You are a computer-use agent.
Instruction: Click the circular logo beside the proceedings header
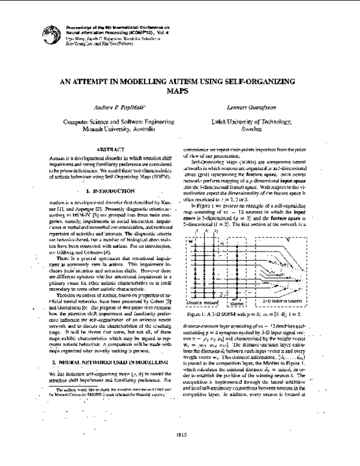click(47, 33)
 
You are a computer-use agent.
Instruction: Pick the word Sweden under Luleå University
click(247, 129)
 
